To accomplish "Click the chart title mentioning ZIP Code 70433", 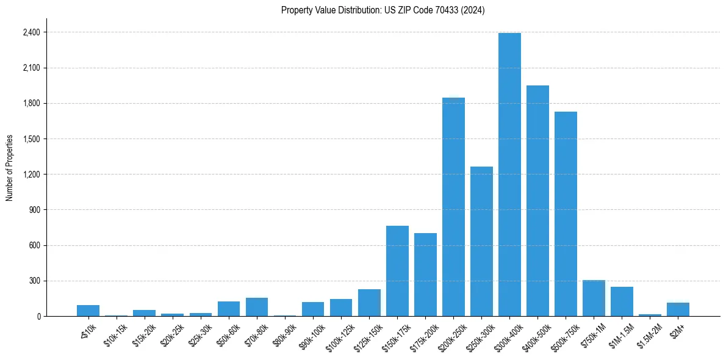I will [383, 10].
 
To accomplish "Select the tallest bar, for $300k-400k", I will [509, 175].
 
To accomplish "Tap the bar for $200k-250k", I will [453, 207].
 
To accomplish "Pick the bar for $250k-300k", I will [481, 242].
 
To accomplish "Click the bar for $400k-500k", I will [537, 201].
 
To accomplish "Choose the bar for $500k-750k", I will [566, 214].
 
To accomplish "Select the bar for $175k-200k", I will [425, 275].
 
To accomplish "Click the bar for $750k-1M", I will [594, 298].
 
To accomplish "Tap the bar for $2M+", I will [678, 309].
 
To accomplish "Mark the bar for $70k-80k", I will [257, 307].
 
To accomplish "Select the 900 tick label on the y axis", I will [34, 210].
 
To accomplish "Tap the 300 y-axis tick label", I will [34, 281].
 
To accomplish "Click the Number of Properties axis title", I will [10, 168].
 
